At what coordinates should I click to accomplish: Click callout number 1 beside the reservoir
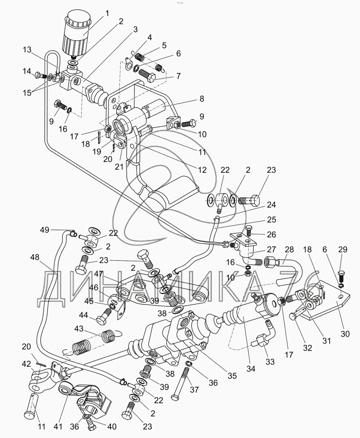click(108, 13)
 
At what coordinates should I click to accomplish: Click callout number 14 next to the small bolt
click(27, 71)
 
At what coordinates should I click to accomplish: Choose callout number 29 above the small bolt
click(343, 249)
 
